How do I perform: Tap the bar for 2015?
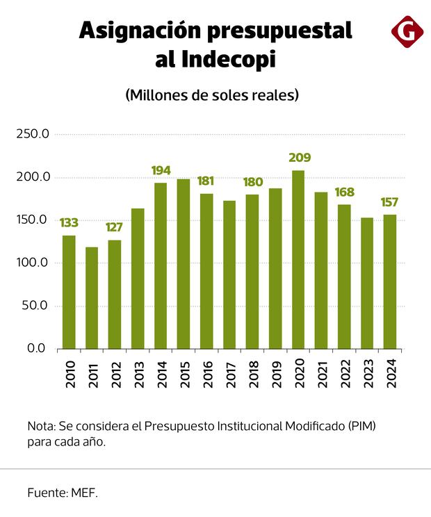[184, 263]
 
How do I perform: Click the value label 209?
[300, 158]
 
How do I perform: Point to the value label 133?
[68, 223]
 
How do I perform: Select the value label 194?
[161, 170]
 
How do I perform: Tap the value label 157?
[389, 202]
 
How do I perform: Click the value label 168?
[345, 192]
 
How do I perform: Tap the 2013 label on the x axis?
[138, 372]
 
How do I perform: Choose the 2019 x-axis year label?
[275, 372]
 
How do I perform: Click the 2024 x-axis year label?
[390, 372]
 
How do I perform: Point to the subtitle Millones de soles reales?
[213, 95]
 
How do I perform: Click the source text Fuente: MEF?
[63, 493]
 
